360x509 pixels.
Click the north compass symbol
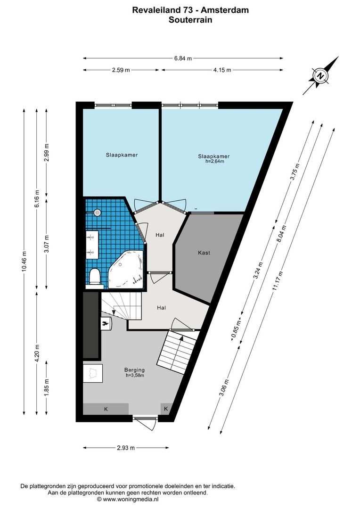pos(321,75)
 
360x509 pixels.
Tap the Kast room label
pos(204,253)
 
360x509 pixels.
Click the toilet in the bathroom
pos(95,277)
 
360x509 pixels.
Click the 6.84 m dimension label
pos(183,58)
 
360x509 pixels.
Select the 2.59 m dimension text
pos(121,70)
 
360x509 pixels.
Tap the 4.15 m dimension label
pos(221,70)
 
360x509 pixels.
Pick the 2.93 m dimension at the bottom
pos(125,448)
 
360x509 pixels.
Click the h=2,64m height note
pos(214,161)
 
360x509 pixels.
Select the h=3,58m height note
pos(134,375)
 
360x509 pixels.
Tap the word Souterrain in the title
pos(190,20)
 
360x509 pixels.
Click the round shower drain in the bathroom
pos(98,212)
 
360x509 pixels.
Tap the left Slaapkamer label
pos(122,155)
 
